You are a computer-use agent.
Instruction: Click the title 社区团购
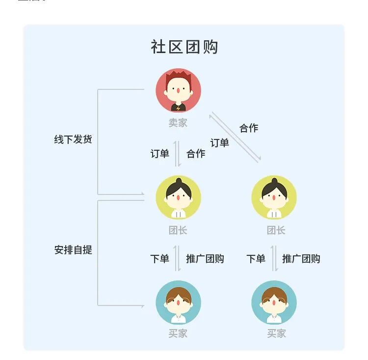(x=184, y=47)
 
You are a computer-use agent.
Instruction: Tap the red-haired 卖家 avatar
(x=178, y=90)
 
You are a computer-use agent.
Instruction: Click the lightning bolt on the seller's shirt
(x=178, y=108)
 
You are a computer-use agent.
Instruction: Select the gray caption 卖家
(x=178, y=123)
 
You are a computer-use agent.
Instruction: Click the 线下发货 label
(x=73, y=139)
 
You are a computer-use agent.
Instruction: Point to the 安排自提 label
(x=73, y=249)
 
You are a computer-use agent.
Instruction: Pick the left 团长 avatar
(x=178, y=197)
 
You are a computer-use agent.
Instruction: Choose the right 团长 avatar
(x=274, y=197)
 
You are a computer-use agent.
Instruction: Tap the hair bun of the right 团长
(x=274, y=181)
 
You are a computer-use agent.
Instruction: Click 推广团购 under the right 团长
(x=301, y=259)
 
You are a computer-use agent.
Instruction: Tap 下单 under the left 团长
(x=160, y=259)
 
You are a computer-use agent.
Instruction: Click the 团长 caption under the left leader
(x=178, y=230)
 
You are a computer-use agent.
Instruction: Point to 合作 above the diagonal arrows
(x=249, y=128)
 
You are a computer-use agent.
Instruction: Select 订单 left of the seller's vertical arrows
(x=160, y=154)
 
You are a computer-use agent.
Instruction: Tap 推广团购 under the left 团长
(x=205, y=259)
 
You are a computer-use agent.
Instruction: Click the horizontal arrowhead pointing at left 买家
(x=142, y=305)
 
